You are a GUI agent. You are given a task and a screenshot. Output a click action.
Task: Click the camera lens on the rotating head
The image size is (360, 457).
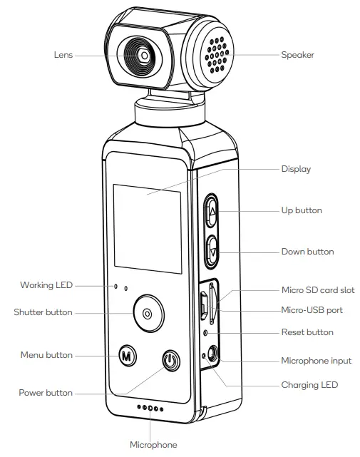pyautogui.click(x=144, y=55)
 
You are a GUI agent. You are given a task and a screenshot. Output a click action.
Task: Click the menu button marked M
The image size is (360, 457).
pyautogui.click(x=126, y=354)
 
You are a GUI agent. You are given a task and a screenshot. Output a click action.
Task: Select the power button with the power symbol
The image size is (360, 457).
pyautogui.click(x=169, y=361)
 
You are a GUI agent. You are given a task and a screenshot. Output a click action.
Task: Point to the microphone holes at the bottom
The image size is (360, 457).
pyautogui.click(x=150, y=409)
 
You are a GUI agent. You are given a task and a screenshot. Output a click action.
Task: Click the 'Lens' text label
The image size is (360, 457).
pyautogui.click(x=63, y=54)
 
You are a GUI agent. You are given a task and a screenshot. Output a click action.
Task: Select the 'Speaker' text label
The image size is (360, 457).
pyautogui.click(x=297, y=54)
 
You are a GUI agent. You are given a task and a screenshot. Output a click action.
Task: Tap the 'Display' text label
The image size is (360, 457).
pyautogui.click(x=296, y=169)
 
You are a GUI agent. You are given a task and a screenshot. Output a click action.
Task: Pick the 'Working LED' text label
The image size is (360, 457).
pyautogui.click(x=46, y=285)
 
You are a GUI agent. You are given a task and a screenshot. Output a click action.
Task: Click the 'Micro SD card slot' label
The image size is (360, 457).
pyautogui.click(x=318, y=290)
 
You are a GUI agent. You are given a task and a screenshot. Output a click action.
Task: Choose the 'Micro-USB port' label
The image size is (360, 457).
pyautogui.click(x=312, y=311)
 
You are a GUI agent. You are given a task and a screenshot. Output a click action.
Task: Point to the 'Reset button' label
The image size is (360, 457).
pyautogui.click(x=307, y=332)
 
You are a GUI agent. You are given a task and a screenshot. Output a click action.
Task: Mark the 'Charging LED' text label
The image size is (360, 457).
pyautogui.click(x=309, y=385)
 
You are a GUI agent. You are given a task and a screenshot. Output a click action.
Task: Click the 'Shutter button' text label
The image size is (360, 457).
pyautogui.click(x=43, y=312)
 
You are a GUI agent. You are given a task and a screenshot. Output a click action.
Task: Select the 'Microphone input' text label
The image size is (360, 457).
pyautogui.click(x=317, y=361)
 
